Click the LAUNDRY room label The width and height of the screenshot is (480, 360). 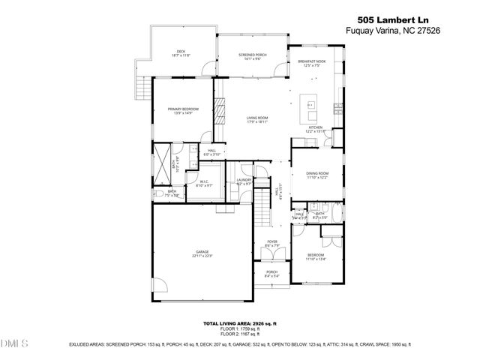(244, 181)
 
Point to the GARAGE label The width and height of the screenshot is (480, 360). (202, 253)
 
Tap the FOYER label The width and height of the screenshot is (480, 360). (271, 243)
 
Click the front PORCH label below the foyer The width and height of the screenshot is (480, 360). (271, 273)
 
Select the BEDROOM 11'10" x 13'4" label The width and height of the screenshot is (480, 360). (316, 257)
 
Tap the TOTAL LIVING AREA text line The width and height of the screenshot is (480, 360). (240, 322)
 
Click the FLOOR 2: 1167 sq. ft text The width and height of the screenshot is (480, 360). (240, 334)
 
